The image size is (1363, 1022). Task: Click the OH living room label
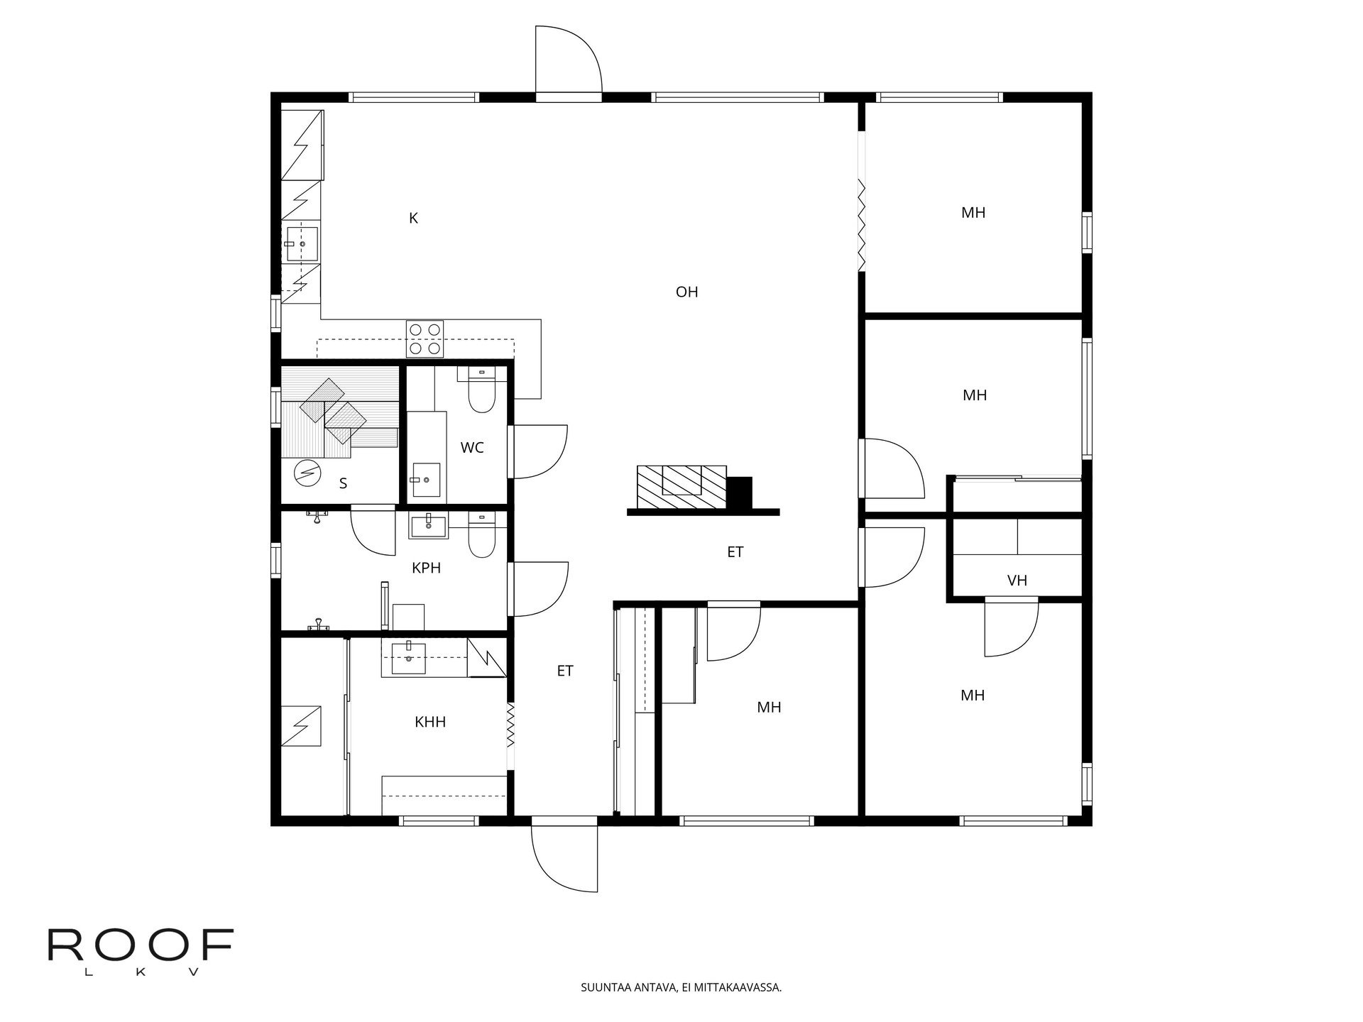(686, 292)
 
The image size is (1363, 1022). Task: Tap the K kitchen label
(413, 219)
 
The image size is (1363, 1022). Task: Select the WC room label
(472, 448)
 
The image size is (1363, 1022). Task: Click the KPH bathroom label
(426, 568)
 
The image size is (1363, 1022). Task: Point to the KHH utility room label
(430, 722)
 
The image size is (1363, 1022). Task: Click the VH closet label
(1017, 581)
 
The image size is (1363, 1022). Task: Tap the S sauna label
(343, 484)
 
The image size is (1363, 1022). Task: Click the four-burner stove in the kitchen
(425, 339)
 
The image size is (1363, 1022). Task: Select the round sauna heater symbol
(307, 473)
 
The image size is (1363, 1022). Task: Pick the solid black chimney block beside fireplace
(740, 493)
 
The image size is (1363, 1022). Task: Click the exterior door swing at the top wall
(568, 60)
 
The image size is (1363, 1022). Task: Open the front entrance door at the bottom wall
(564, 855)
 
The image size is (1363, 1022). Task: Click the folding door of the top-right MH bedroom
(861, 224)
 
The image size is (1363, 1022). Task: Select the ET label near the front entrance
(565, 671)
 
